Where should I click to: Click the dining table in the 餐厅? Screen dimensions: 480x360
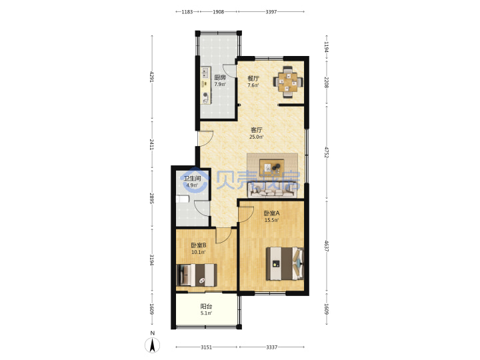click(288, 83)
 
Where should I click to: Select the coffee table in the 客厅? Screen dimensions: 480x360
click(272, 167)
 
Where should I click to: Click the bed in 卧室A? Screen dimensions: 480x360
click(285, 263)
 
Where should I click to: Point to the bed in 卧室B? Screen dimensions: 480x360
click(197, 275)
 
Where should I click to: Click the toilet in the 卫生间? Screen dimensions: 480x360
click(183, 199)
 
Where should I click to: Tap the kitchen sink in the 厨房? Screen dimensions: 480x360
click(205, 73)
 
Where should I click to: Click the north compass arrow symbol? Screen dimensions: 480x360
click(153, 345)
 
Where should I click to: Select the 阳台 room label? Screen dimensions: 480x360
click(206, 306)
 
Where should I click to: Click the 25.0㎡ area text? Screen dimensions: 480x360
click(256, 137)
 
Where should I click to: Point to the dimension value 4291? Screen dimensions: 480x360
click(152, 77)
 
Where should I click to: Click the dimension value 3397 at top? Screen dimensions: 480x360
click(271, 12)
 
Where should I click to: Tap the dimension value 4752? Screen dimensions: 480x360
click(326, 153)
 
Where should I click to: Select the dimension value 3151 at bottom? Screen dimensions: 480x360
click(206, 347)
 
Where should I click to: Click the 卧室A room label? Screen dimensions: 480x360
click(271, 213)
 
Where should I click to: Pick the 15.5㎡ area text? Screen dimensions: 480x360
click(271, 220)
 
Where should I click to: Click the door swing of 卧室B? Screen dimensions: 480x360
click(223, 235)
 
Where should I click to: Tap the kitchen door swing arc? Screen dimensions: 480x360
click(229, 71)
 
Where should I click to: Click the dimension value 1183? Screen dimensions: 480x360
click(187, 12)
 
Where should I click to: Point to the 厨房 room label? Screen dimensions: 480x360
click(220, 78)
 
